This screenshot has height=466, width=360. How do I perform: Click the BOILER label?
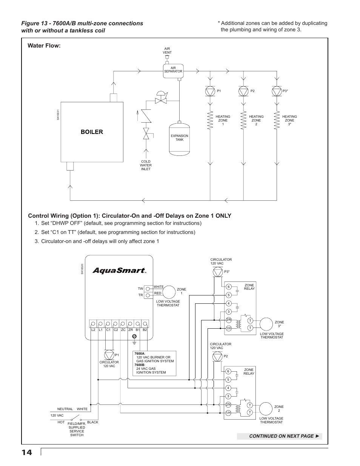(92, 132)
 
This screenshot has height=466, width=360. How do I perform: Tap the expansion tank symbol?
(180, 138)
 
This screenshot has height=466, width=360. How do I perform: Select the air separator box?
(173, 71)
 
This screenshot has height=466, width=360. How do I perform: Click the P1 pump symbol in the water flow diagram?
(210, 92)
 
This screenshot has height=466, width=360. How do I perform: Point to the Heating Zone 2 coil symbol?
(243, 120)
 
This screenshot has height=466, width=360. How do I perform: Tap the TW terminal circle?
(148, 289)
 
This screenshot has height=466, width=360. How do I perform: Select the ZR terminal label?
(131, 330)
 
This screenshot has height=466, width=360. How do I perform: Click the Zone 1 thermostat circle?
(169, 292)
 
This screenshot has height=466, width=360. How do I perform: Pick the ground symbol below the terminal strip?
(134, 340)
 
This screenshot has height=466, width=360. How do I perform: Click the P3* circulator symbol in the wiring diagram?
(218, 272)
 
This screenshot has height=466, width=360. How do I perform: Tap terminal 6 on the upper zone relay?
(229, 287)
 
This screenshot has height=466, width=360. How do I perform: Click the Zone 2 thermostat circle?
(266, 409)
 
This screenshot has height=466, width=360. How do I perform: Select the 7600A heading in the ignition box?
(140, 354)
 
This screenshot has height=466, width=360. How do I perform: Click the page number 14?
(27, 452)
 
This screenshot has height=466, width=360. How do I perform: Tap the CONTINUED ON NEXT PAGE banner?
(279, 436)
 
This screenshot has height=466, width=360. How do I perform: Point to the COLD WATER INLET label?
(146, 165)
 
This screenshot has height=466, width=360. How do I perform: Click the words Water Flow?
(44, 46)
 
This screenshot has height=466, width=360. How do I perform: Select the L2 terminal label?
(93, 330)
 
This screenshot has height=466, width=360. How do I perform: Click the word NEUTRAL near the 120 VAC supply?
(65, 409)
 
